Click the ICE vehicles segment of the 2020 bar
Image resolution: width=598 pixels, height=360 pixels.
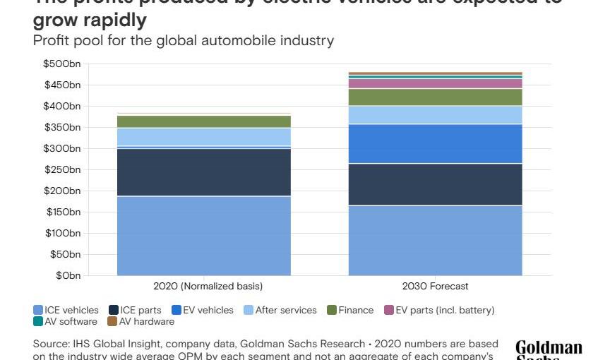[x=204, y=235]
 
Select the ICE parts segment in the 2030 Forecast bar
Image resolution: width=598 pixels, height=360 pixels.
[x=435, y=184]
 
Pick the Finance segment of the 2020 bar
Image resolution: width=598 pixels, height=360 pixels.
[x=204, y=121]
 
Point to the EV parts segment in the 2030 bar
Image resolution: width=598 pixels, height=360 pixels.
[x=435, y=83]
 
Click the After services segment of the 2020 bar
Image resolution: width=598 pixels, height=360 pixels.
[x=204, y=136]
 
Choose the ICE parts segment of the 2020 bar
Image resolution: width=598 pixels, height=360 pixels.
[x=204, y=172]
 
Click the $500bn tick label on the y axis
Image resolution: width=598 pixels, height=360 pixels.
[x=61, y=64]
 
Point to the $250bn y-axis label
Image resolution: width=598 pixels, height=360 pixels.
[x=61, y=169]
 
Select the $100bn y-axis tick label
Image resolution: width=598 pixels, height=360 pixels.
[x=61, y=233]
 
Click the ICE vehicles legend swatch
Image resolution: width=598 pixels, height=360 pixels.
[x=38, y=310]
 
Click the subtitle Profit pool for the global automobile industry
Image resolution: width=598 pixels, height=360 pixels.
[x=183, y=40]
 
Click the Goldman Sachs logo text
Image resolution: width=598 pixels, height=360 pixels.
[x=549, y=349]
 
